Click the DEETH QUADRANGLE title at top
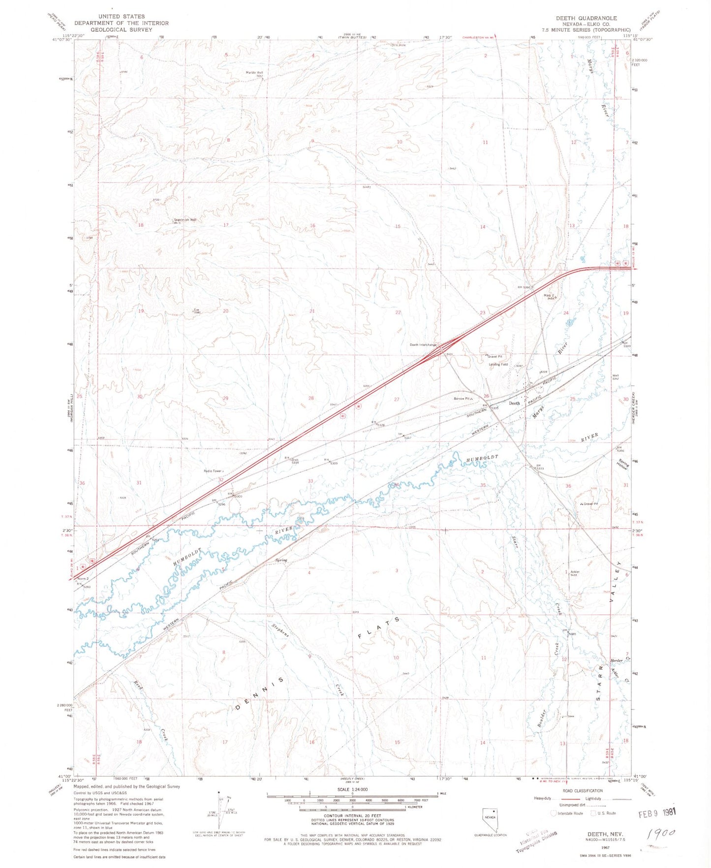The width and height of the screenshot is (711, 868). pyautogui.click(x=586, y=18)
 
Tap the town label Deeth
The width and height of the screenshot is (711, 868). pyautogui.click(x=514, y=403)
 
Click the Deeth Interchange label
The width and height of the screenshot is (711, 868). pyautogui.click(x=423, y=345)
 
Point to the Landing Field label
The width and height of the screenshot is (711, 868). pyautogui.click(x=498, y=365)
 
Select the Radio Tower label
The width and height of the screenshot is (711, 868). pyautogui.click(x=213, y=471)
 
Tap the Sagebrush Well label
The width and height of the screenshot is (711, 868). pyautogui.click(x=185, y=220)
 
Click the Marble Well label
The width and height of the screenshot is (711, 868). pyautogui.click(x=254, y=73)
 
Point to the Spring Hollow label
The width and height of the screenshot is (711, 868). pyautogui.click(x=622, y=465)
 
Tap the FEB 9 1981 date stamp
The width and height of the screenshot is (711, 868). pyautogui.click(x=656, y=813)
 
